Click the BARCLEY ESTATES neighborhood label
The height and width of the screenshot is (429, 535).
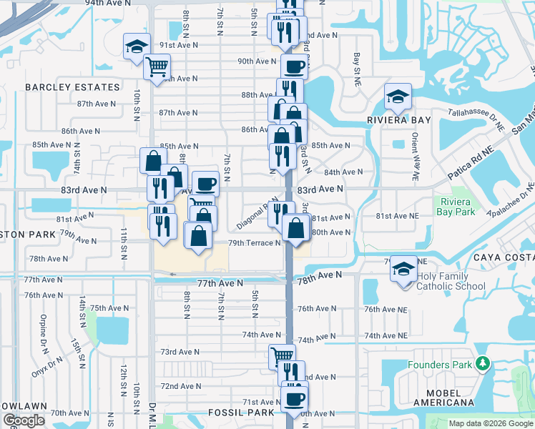[x=73, y=87]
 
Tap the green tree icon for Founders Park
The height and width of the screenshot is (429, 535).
[x=484, y=365]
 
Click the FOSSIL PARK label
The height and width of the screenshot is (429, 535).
[x=241, y=413]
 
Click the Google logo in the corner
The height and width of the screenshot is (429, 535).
[x=24, y=420]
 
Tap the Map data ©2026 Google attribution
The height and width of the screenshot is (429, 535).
[x=491, y=423]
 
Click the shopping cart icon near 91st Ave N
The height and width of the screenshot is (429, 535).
[x=157, y=67]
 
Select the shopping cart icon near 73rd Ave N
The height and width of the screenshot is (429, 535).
[x=282, y=355]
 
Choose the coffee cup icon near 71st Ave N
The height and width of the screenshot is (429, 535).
[x=293, y=399]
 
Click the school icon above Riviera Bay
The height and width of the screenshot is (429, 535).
[x=397, y=96]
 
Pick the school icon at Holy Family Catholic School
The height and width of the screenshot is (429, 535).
[x=404, y=270]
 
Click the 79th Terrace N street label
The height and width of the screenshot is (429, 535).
[x=254, y=243]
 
